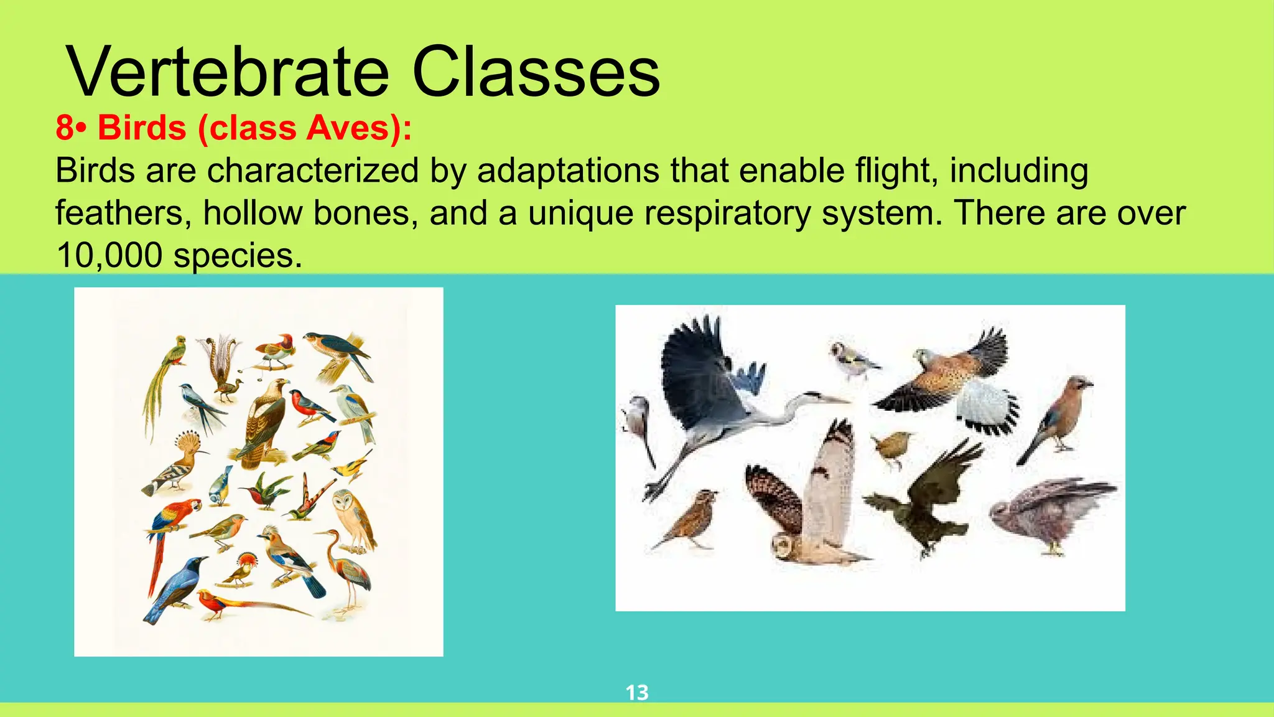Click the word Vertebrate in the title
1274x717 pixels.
click(x=228, y=72)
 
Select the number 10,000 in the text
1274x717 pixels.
click(x=109, y=255)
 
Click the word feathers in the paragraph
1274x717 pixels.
click(x=119, y=213)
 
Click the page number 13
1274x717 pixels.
click(x=636, y=692)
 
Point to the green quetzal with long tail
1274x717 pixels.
click(x=165, y=373)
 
